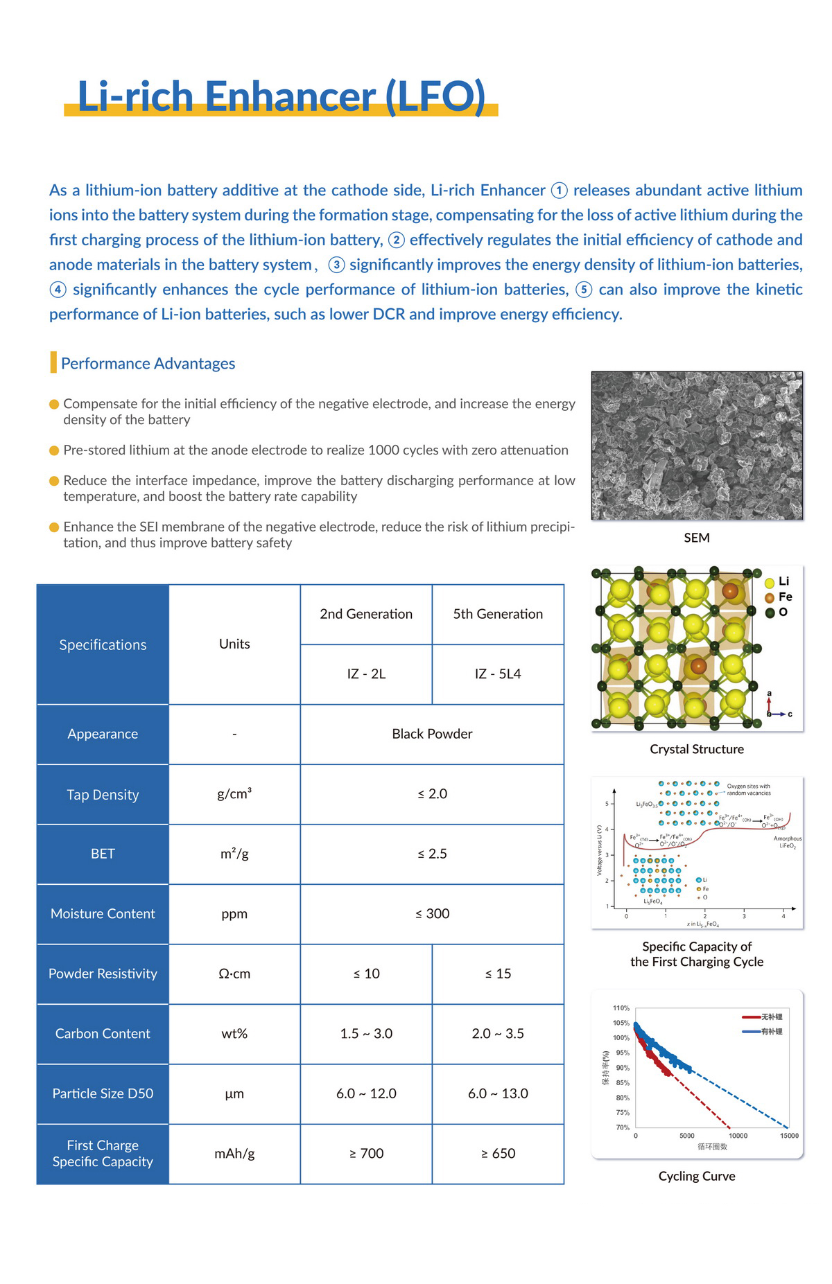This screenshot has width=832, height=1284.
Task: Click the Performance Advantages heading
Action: [x=148, y=363]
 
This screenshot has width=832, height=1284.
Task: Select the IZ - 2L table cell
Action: [x=366, y=674]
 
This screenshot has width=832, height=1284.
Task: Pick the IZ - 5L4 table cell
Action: [x=498, y=674]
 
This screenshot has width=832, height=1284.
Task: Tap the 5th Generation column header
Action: [x=498, y=614]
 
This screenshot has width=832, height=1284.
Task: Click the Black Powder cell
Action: [x=432, y=734]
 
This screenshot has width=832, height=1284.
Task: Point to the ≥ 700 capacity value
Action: [x=366, y=1153]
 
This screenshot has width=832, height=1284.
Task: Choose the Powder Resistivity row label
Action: [x=103, y=974]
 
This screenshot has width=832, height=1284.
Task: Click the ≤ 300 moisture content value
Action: [x=432, y=913]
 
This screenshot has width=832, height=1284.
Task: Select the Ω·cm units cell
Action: [x=234, y=974]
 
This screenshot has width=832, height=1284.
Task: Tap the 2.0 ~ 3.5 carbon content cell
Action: [x=498, y=1033]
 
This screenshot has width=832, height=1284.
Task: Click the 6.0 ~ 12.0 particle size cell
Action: [x=366, y=1093]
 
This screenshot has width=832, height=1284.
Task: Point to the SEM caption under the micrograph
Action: [x=697, y=538]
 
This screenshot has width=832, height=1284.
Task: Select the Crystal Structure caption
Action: [x=697, y=749]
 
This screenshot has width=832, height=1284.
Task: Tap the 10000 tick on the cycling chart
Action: [x=738, y=1136]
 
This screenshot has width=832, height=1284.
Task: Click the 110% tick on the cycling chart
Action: [x=621, y=1008]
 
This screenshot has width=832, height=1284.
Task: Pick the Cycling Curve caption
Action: [x=697, y=1176]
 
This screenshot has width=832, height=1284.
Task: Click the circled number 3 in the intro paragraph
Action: [x=336, y=265]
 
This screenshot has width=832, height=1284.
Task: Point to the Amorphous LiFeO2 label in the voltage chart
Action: [x=788, y=842]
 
